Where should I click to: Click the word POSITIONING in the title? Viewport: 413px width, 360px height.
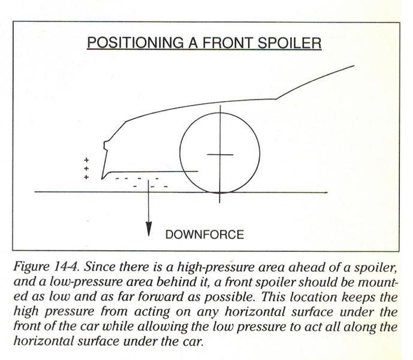tap(135, 43)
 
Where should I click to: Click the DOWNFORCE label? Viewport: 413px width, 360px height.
tap(204, 235)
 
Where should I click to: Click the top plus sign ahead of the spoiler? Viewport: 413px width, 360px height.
tap(86, 160)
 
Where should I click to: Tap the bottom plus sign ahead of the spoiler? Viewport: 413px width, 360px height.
tap(86, 177)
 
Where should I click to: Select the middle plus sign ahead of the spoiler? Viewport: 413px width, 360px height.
tap(86, 169)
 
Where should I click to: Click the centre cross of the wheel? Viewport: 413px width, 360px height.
tap(220, 154)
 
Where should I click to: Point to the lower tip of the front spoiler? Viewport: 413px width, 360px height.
tap(102, 179)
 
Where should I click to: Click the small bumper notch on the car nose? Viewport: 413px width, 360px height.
tap(105, 146)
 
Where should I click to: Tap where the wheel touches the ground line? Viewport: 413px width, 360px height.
tap(220, 192)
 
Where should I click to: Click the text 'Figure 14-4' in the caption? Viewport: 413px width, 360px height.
tap(46, 266)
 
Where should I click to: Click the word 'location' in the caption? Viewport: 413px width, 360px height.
tap(313, 297)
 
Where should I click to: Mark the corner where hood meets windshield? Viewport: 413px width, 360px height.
tap(276, 99)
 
